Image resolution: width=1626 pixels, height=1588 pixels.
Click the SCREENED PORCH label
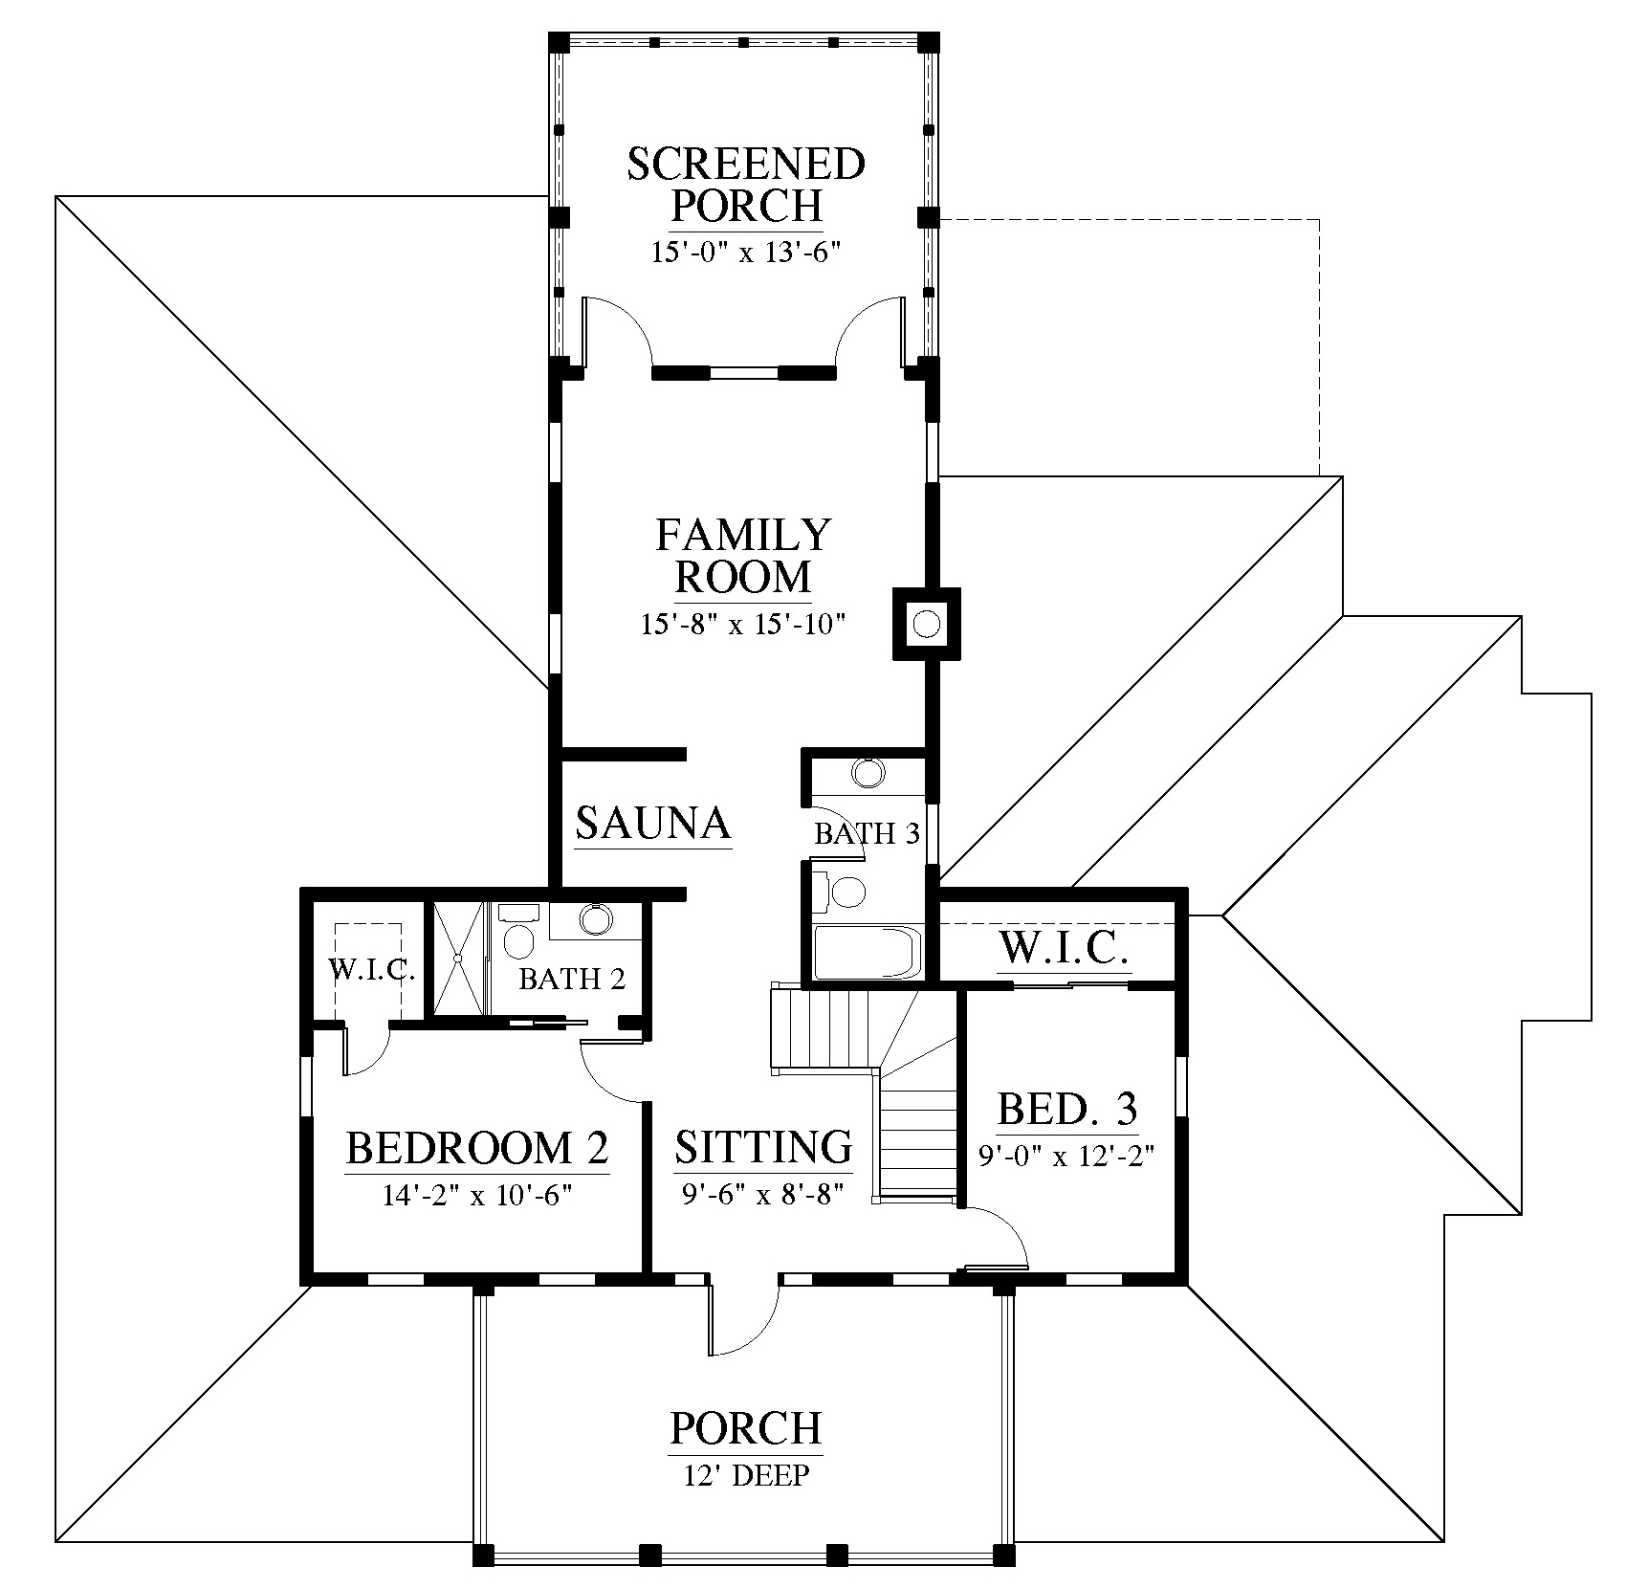[x=746, y=185]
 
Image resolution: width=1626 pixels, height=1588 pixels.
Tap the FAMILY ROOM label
[x=743, y=556]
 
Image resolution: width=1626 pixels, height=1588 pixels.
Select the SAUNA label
[x=653, y=823]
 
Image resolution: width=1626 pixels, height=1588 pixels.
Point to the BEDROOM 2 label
[x=477, y=1148]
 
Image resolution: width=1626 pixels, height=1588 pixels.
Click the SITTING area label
[x=763, y=1147]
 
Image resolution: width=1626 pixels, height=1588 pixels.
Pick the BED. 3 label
[x=1067, y=1109]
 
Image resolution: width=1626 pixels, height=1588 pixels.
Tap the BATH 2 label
[x=572, y=979]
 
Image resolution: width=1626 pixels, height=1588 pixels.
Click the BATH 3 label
[x=867, y=834]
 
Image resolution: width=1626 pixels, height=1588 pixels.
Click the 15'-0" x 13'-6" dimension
[x=746, y=253]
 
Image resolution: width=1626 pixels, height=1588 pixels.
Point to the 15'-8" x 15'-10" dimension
[x=743, y=625]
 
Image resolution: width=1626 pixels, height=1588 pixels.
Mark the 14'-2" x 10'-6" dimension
[x=477, y=1196]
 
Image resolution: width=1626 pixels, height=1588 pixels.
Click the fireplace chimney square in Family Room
[x=926, y=624]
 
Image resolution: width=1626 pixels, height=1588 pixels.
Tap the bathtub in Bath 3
[x=867, y=953]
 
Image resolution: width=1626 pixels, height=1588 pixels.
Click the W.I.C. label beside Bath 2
[x=372, y=970]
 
